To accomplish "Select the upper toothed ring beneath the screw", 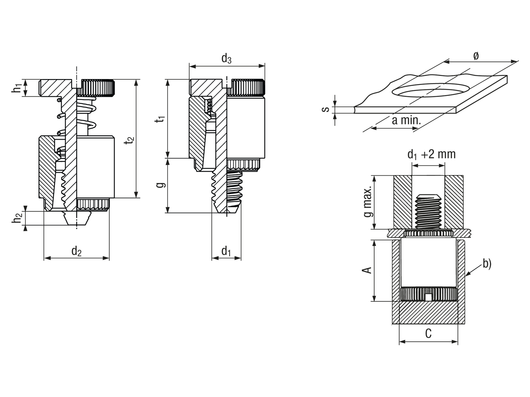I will (428, 234).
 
